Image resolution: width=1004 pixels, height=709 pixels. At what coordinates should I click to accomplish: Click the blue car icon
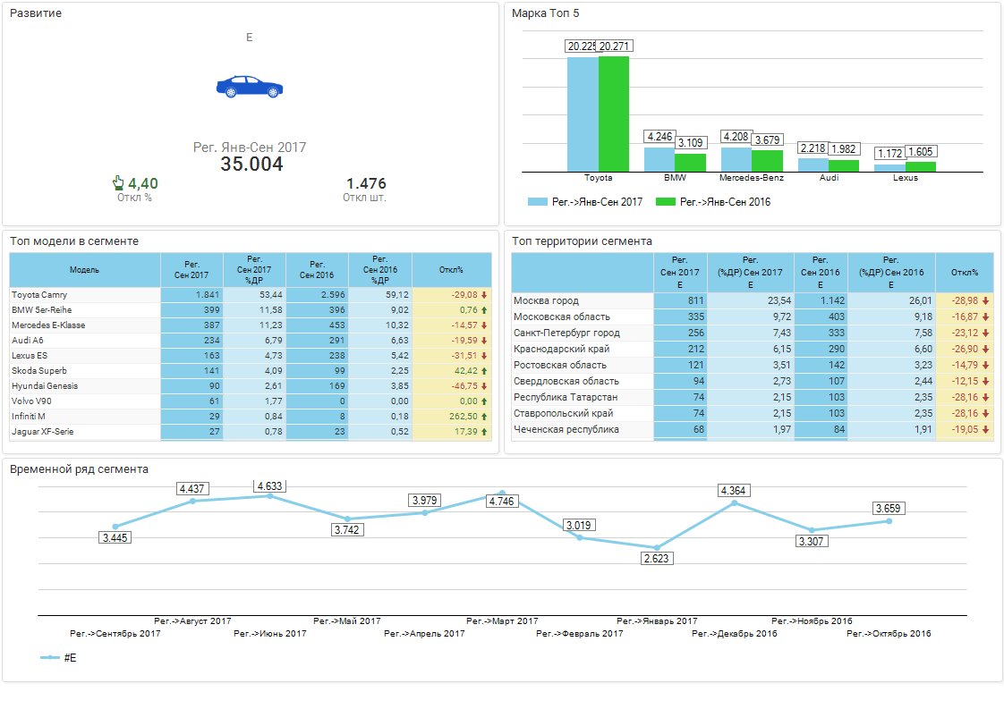[x=250, y=87]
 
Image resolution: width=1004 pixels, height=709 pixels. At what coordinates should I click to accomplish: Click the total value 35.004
[x=251, y=165]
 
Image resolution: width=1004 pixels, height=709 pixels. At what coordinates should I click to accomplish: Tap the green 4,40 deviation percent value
[x=142, y=183]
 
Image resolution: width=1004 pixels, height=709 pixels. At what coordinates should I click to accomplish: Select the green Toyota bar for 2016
[x=614, y=114]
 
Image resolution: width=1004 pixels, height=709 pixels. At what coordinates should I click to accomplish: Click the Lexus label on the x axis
[x=905, y=178]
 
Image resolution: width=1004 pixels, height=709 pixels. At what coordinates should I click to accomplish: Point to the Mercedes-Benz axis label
[x=752, y=178]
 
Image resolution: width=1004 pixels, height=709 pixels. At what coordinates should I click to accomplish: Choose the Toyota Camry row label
[x=39, y=295]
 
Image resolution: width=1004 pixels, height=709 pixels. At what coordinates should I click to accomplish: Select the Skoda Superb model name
[x=39, y=371]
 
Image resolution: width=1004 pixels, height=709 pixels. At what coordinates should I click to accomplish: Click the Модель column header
[x=84, y=270]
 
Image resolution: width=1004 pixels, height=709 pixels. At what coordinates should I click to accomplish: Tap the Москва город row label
[x=546, y=301]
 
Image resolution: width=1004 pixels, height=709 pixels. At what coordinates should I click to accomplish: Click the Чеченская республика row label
[x=566, y=430]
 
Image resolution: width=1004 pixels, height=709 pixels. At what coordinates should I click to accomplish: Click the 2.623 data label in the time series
[x=657, y=558]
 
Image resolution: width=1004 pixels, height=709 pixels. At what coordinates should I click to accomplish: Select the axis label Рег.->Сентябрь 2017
[x=115, y=634]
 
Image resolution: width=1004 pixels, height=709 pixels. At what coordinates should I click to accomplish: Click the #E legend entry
[x=70, y=658]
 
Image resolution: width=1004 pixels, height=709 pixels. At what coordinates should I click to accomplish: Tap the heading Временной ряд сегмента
[x=79, y=468]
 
